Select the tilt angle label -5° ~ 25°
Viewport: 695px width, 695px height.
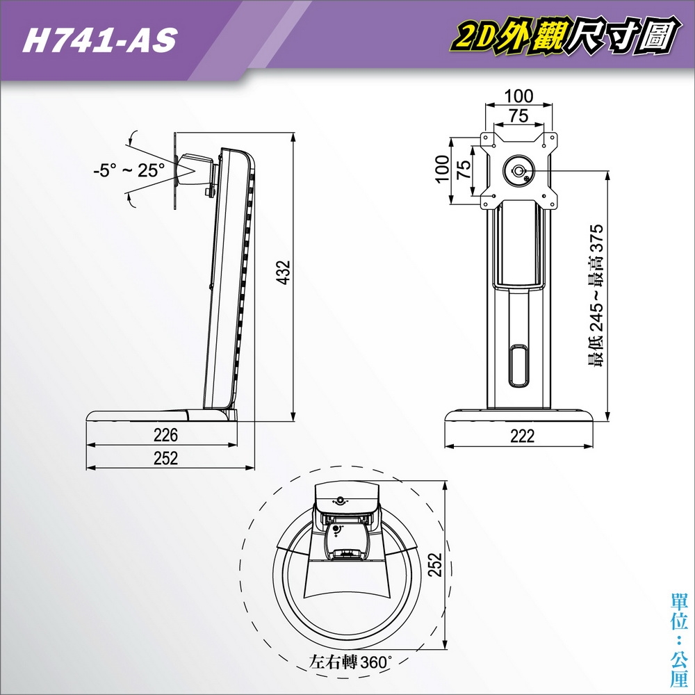129,170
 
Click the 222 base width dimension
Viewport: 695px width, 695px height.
522,436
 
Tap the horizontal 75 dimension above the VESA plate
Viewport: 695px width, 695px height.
518,116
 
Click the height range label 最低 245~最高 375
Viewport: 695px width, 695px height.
596,295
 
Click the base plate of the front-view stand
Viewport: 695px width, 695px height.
521,416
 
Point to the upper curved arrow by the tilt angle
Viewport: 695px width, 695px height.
133,136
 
